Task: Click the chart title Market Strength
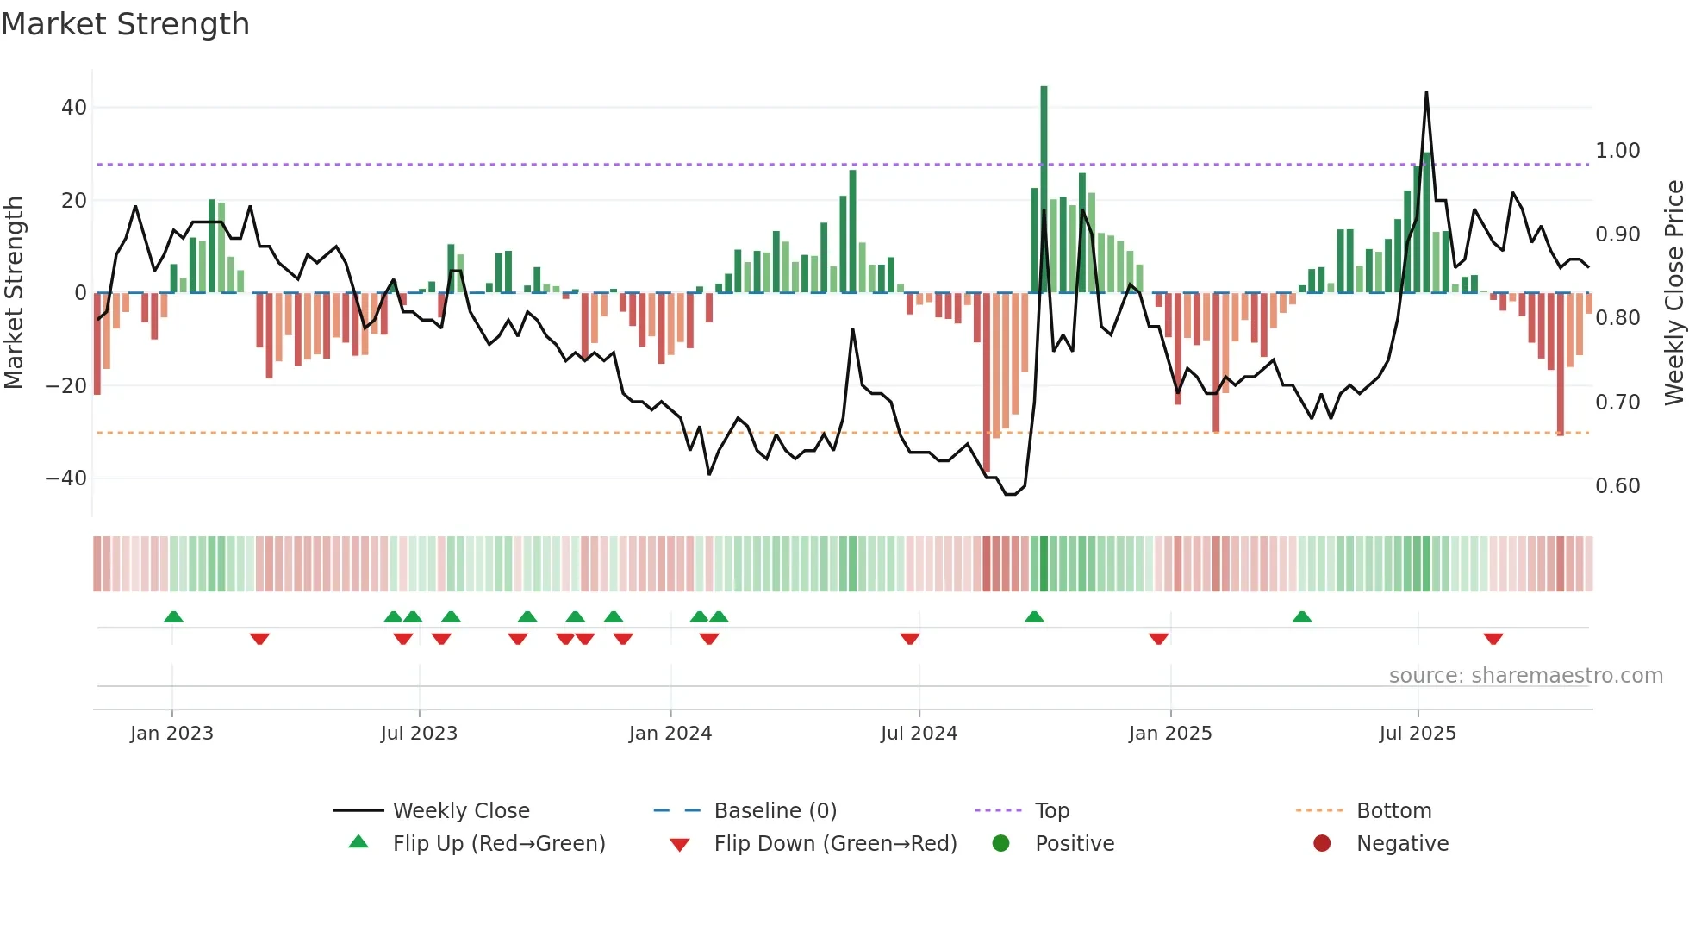pos(125,24)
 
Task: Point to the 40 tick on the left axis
pos(74,108)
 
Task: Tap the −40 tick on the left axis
pos(66,478)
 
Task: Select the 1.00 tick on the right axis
pos(1617,151)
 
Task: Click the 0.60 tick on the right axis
pos(1617,486)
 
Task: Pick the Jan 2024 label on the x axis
pos(670,734)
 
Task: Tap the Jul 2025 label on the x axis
pos(1418,734)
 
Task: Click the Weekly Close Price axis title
pos(1673,293)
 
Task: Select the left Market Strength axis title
pos(14,293)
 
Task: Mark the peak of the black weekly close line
pos(1426,93)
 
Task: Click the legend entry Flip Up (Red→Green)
pos(499,843)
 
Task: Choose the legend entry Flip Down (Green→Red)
pos(835,843)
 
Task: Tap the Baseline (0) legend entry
pos(775,810)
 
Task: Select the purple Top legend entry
pos(1051,810)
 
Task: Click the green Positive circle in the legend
pos(1000,843)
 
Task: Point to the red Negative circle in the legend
pos(1322,843)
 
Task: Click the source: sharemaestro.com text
pos(1525,676)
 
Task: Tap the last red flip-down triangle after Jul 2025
pos(1493,639)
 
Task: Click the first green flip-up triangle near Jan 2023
pos(173,616)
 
